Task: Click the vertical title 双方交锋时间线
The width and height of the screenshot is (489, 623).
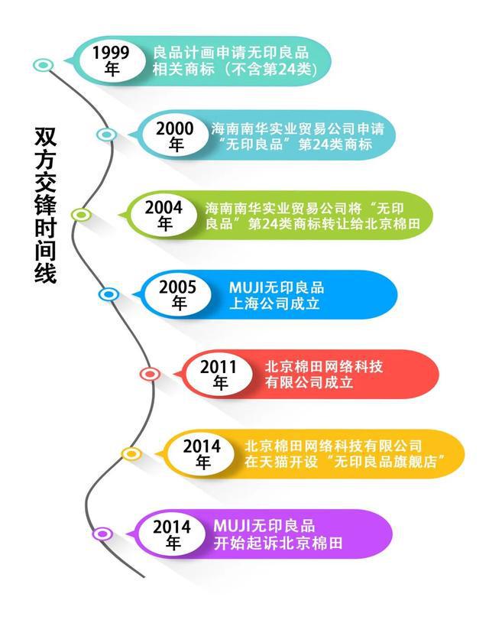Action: tap(45, 205)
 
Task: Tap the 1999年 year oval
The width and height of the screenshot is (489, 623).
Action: tap(112, 61)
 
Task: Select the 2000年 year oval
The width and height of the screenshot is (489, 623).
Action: tap(175, 136)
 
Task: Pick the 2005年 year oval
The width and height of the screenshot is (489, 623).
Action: tap(178, 295)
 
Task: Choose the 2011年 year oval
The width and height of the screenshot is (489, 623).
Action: tap(219, 375)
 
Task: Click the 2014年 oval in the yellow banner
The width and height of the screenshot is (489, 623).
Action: tap(202, 454)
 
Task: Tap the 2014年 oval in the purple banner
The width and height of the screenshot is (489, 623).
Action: tap(172, 534)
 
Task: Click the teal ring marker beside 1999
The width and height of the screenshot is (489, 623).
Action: tap(43, 65)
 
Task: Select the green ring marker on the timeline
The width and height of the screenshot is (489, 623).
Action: tap(82, 215)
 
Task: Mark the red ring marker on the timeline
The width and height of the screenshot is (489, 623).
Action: tap(151, 374)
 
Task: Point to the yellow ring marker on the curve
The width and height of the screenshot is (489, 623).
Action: tap(131, 454)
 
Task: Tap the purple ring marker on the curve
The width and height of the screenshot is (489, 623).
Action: tap(102, 534)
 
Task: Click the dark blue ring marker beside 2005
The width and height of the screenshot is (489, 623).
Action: tap(108, 294)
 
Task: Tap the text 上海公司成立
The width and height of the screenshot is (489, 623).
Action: tap(274, 304)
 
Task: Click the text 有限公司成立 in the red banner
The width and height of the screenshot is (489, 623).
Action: tap(309, 383)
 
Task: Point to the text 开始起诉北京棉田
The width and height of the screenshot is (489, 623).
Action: tap(277, 544)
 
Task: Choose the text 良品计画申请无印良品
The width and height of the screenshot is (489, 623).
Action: tap(231, 53)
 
